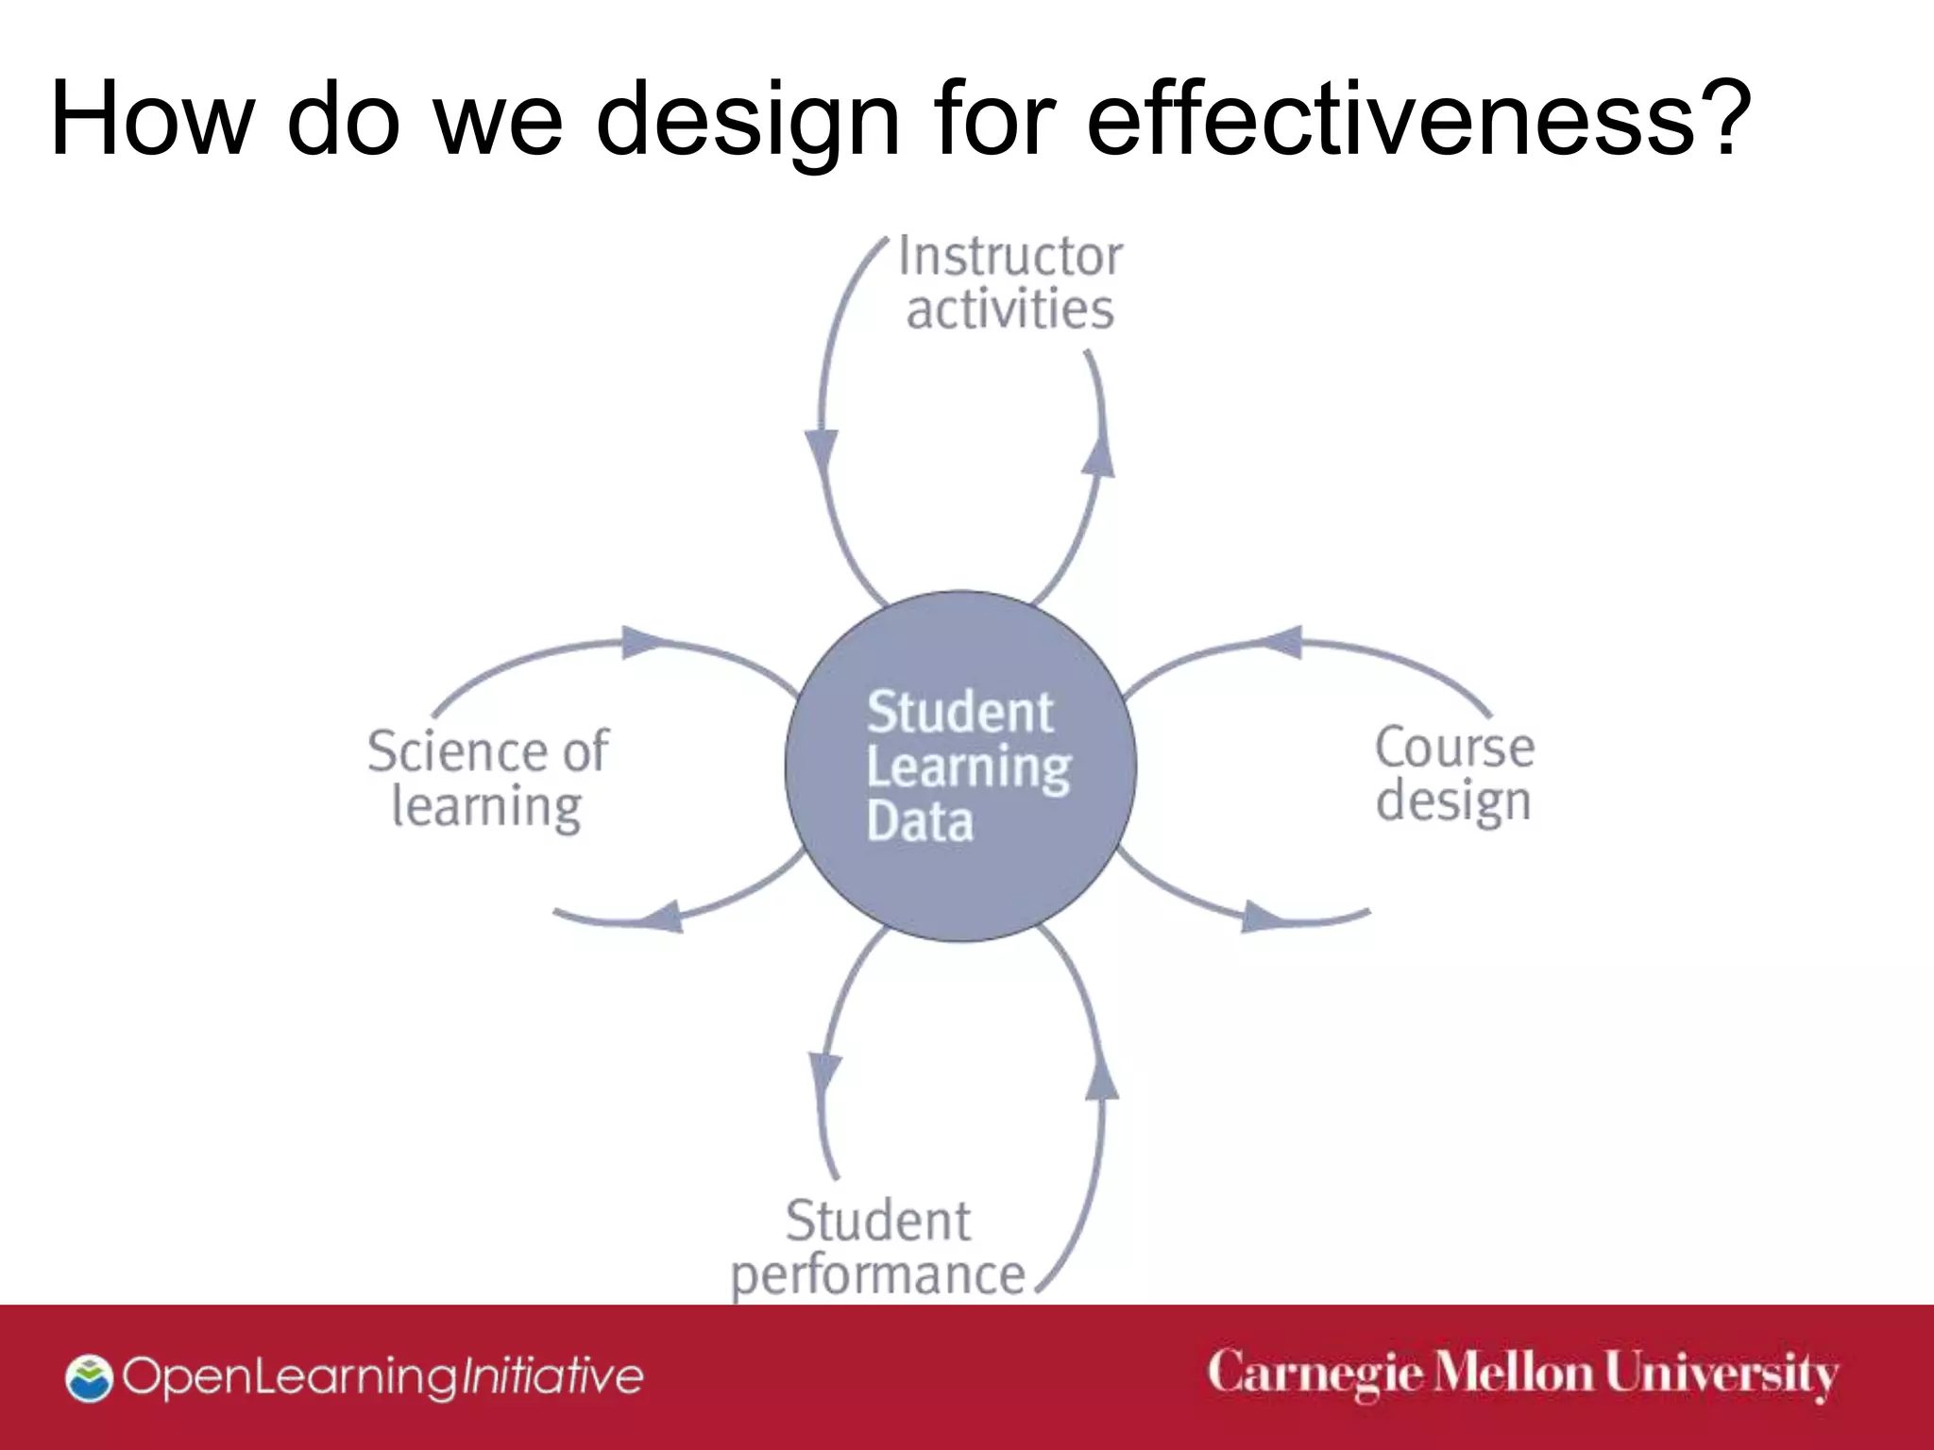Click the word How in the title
[x=151, y=118]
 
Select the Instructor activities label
[x=1009, y=282]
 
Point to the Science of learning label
[x=487, y=779]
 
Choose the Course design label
[x=1454, y=774]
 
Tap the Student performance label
[x=878, y=1248]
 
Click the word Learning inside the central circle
[x=968, y=767]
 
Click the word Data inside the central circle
[x=919, y=821]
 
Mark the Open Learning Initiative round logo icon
[x=89, y=1377]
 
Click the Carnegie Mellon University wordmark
[x=1522, y=1374]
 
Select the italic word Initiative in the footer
[x=550, y=1376]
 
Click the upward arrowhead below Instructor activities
[x=1098, y=457]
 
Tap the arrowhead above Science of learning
[x=645, y=643]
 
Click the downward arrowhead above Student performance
[x=824, y=1072]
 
